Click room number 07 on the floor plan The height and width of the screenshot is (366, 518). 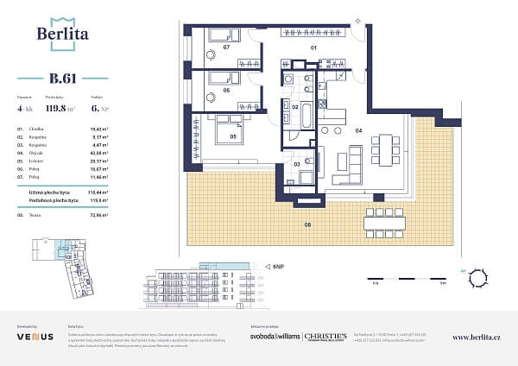[226, 47]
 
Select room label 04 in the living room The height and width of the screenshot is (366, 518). [357, 130]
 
